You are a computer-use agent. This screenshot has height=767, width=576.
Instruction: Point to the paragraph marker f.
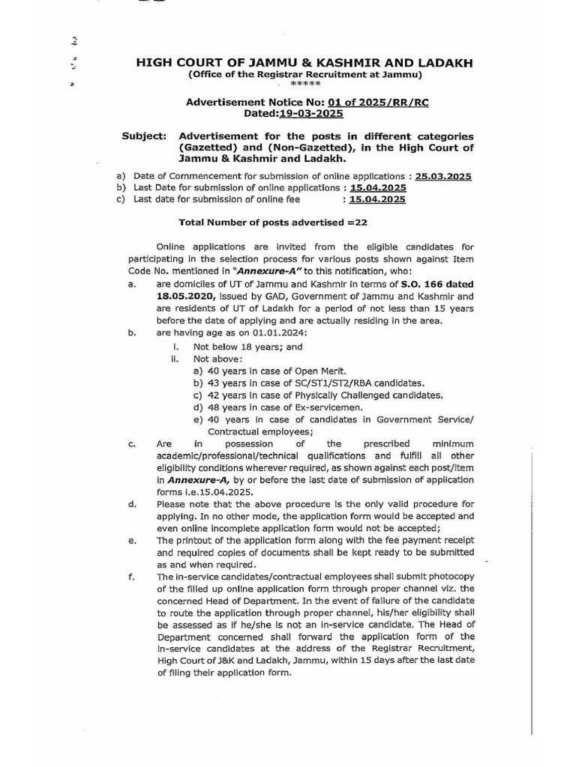tap(131, 577)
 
